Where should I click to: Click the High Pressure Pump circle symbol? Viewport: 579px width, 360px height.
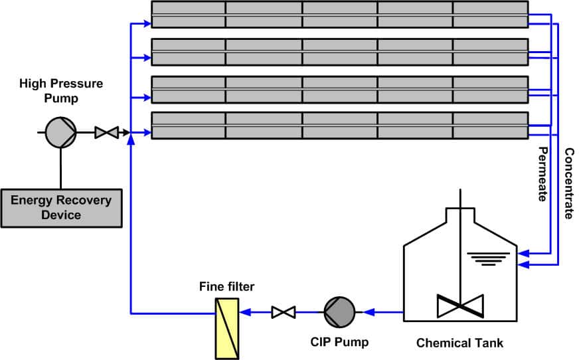coord(61,132)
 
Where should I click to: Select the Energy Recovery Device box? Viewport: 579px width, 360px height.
coord(61,208)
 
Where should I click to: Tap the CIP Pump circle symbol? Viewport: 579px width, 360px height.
coord(339,312)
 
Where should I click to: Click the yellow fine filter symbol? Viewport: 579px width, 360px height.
coord(227,328)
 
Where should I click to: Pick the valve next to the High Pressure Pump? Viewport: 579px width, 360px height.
coord(107,133)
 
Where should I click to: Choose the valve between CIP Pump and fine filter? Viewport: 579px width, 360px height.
coord(284,312)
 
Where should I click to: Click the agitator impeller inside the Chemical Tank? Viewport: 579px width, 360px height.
coord(460,306)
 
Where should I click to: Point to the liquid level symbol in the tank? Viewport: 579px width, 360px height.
coord(488,259)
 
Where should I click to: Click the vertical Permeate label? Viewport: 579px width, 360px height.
coord(542,174)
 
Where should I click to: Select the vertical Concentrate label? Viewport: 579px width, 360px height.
coord(569,183)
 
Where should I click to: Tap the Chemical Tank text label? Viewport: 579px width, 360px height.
coord(459,343)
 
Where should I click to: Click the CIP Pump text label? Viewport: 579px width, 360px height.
coord(339,341)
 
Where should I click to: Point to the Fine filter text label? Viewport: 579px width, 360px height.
coord(226,286)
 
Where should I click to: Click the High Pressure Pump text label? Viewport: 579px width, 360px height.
coord(61,91)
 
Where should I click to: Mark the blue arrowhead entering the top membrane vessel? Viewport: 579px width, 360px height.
coord(147,24)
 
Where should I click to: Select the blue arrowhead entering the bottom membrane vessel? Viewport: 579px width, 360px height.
coord(147,132)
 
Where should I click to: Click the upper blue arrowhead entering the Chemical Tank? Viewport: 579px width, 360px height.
coord(523,253)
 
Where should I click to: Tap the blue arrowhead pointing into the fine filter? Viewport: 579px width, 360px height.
coord(245,312)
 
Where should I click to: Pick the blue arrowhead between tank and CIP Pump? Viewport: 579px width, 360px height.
coord(369,312)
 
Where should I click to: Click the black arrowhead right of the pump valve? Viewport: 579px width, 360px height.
coord(126,132)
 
